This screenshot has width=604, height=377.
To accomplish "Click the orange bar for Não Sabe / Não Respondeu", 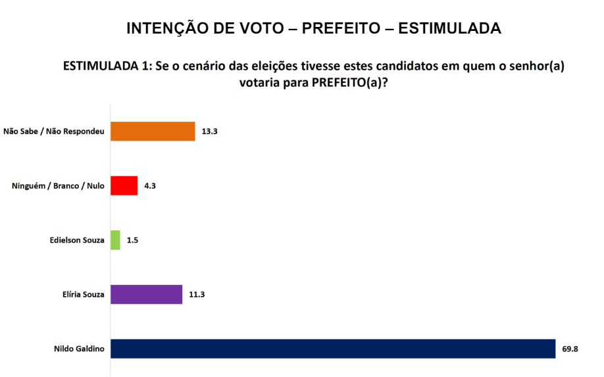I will (x=153, y=132).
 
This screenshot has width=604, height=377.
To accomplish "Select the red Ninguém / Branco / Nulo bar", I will (x=124, y=186).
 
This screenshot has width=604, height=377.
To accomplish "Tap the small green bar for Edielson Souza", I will (x=115, y=240).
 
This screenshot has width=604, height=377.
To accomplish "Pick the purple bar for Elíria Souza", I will (x=146, y=294).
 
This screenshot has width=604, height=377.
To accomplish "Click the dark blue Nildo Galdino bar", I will (x=333, y=349).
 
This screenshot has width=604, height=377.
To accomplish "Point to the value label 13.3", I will (x=210, y=132).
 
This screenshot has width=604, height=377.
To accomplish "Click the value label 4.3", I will (x=149, y=186).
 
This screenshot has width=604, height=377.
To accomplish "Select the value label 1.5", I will (x=132, y=240).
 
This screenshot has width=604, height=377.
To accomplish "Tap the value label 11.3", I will (x=197, y=294).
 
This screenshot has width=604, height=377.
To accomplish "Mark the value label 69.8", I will (x=570, y=349).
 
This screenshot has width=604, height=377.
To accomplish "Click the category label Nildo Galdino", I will (x=78, y=349).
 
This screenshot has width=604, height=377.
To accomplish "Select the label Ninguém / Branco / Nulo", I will (x=58, y=186).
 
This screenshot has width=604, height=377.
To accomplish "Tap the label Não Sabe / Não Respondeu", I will (x=54, y=132).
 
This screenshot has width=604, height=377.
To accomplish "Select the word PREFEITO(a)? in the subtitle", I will (x=348, y=84).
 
